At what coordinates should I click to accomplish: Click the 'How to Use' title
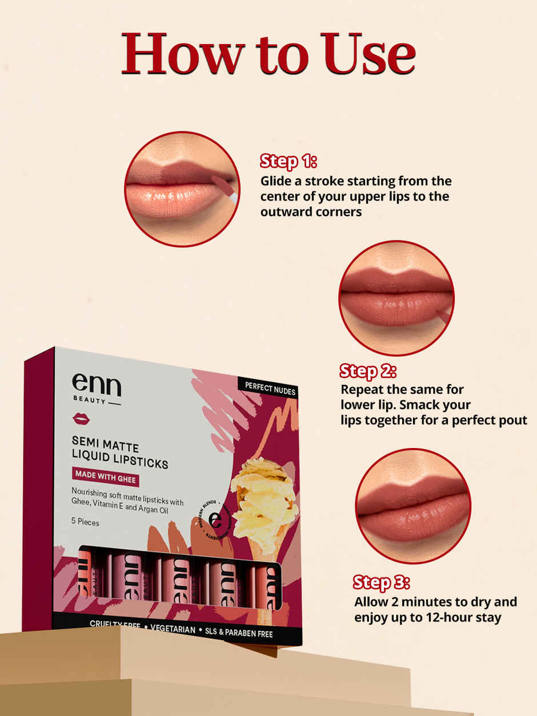tap(268, 54)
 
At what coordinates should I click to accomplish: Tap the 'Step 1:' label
tap(288, 161)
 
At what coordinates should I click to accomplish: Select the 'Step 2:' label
tap(368, 371)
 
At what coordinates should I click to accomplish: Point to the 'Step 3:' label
tap(381, 582)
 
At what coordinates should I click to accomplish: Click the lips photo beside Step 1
tap(182, 189)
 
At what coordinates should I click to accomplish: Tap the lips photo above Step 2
tap(396, 298)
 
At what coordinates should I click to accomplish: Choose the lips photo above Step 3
tap(412, 506)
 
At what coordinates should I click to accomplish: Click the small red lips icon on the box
tap(81, 419)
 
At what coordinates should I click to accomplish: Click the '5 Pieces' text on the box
tap(85, 522)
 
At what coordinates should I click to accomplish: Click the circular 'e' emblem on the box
tap(216, 520)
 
